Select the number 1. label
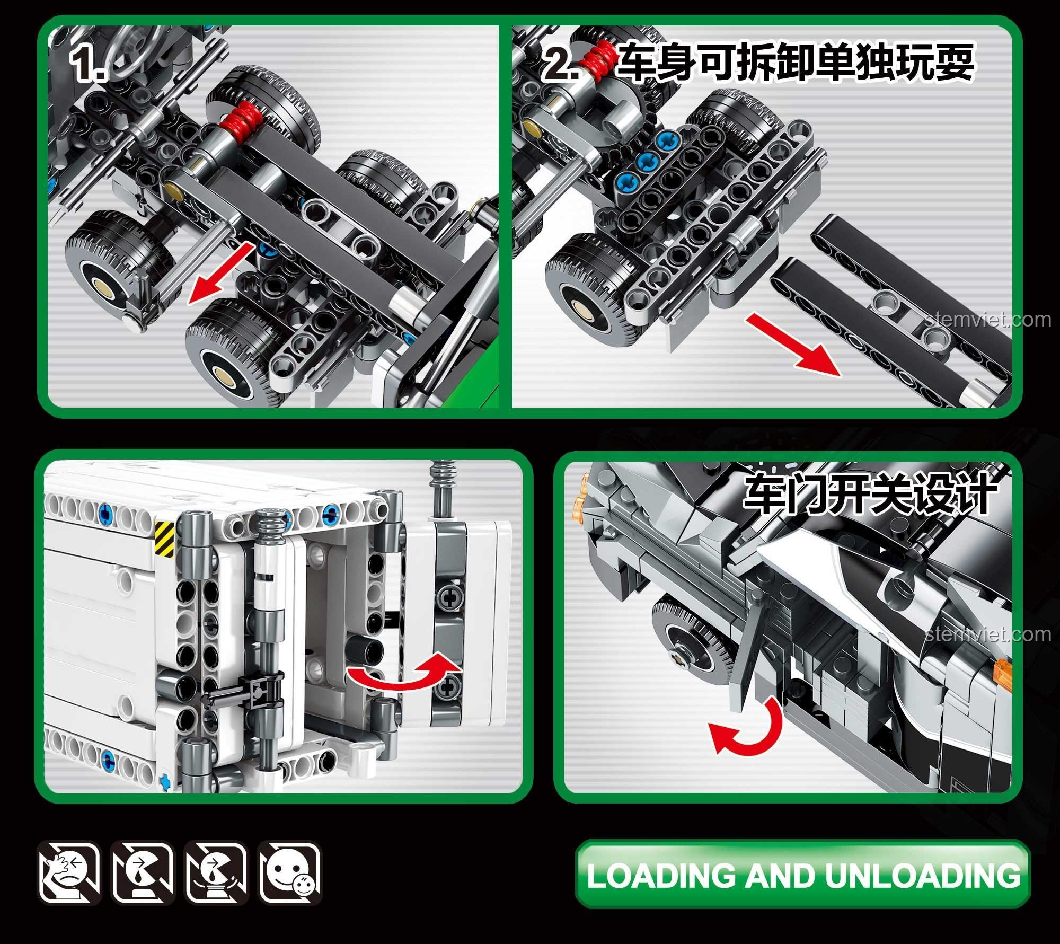[x=89, y=65]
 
